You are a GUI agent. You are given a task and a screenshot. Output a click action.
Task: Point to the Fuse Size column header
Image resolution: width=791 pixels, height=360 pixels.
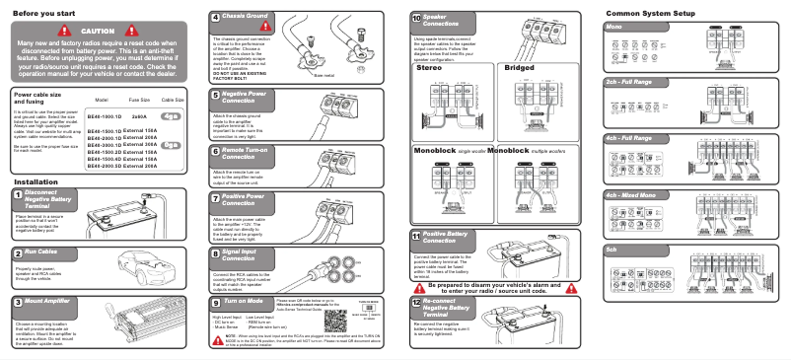[138, 101]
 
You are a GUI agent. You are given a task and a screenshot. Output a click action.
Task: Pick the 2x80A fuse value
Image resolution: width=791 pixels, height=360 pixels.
[138, 115]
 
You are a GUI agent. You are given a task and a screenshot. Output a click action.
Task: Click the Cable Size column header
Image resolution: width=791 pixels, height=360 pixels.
[173, 101]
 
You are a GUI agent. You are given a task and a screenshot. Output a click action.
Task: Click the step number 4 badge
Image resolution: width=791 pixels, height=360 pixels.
[216, 18]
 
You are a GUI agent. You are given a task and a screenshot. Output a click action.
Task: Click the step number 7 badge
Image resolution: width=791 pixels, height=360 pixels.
[216, 197]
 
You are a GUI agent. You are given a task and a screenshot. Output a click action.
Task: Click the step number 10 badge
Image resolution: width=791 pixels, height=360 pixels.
[416, 18]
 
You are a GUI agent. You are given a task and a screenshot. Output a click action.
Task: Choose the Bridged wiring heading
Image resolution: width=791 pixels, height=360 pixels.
[520, 68]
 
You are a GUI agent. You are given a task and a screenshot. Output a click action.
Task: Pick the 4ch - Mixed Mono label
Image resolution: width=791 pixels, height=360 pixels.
[637, 195]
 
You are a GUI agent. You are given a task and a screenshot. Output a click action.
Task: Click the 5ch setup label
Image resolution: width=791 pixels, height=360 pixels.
[611, 251]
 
